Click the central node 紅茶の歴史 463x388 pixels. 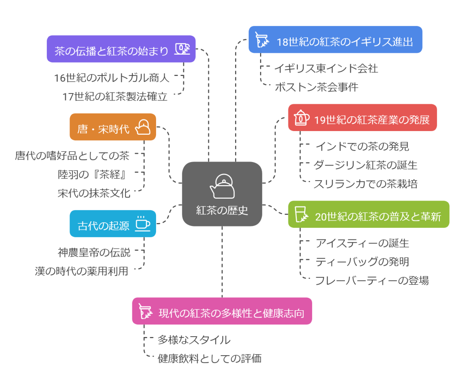click(222, 210)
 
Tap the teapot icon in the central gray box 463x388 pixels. click(222, 186)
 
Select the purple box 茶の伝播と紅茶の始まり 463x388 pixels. click(121, 49)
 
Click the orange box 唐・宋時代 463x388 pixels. click(113, 127)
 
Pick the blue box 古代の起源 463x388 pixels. click(113, 224)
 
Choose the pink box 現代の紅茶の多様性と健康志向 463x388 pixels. click(222, 311)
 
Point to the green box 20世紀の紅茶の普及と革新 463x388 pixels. click(369, 214)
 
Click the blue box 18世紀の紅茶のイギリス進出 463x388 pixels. click(335, 40)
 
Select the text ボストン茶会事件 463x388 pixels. click(316, 87)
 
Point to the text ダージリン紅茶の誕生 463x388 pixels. click(365, 165)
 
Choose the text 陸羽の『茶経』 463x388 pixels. click(94, 174)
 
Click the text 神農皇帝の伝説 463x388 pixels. click(94, 252)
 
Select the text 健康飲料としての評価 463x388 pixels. click(210, 358)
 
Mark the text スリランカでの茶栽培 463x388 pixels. click(365, 184)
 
